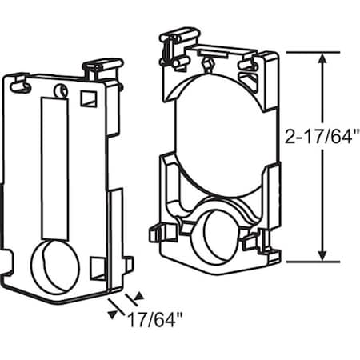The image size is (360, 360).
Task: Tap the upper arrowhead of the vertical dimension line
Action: click(x=322, y=57)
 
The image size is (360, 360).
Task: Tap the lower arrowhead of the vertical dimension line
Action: click(x=322, y=255)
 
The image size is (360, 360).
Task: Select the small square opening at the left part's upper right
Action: click(x=87, y=98)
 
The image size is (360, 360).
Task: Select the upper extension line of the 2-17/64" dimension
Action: click(x=304, y=51)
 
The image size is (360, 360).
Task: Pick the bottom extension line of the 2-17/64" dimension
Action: click(x=304, y=261)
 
